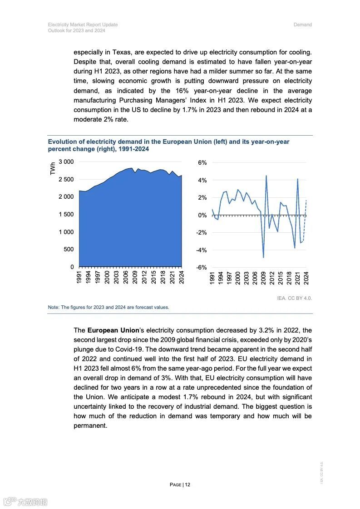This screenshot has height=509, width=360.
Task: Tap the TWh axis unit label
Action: point(53,169)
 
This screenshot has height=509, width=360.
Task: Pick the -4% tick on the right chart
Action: point(201,250)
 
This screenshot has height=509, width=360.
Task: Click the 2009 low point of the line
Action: point(263,257)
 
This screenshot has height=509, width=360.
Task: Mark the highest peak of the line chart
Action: point(266,176)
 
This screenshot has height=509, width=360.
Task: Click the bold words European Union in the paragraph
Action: point(113,330)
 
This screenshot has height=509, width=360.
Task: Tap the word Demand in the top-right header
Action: point(302,24)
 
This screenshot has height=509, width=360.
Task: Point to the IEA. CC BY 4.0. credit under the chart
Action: point(294,298)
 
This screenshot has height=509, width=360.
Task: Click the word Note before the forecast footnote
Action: point(54,307)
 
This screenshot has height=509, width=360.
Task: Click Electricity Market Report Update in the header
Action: point(83,24)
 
